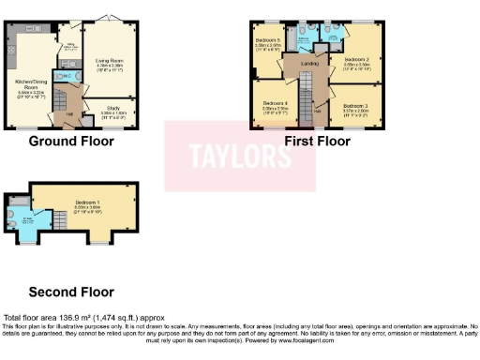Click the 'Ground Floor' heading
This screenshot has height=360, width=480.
point(71,142)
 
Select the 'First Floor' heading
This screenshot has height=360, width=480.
point(318,142)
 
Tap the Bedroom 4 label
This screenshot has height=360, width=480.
point(275,105)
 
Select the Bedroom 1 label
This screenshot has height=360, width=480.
point(88,204)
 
